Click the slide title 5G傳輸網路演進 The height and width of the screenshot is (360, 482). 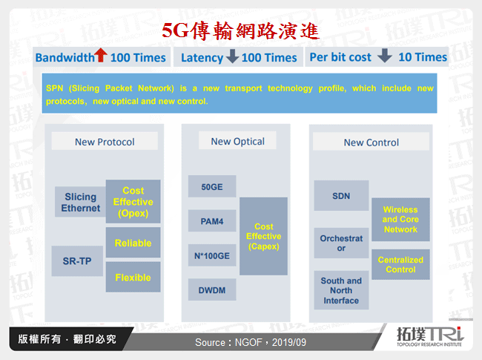click(240, 30)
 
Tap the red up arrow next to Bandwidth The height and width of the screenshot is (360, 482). click(102, 56)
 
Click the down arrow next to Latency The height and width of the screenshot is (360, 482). click(232, 57)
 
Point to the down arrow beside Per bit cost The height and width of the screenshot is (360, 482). click(384, 56)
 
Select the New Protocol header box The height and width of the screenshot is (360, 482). click(105, 142)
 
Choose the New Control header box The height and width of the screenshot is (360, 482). click(371, 143)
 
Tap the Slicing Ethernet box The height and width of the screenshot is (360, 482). click(80, 202)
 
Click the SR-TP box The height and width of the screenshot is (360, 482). click(77, 261)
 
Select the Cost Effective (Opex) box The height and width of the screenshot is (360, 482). click(133, 202)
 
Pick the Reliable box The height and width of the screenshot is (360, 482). click(133, 243)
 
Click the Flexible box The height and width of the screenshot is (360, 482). click(133, 278)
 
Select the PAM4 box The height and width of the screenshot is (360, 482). click(212, 220)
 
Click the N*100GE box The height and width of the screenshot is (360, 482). click(212, 255)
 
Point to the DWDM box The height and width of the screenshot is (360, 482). click(212, 289)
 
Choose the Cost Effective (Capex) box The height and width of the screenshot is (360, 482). click(263, 236)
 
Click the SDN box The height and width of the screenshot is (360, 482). click(341, 196)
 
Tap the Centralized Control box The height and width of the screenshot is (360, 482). click(400, 265)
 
